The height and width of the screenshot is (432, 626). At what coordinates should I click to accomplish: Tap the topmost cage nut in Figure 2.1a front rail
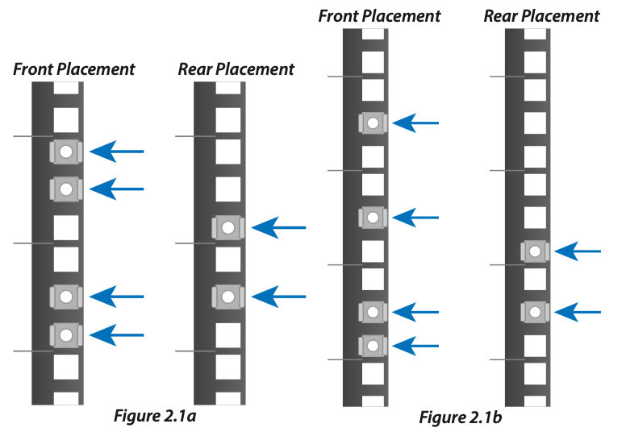pos(66,151)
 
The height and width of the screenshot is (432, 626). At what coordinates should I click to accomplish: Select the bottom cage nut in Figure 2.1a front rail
pos(66,334)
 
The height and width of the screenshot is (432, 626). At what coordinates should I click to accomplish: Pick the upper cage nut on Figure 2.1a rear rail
pos(228,228)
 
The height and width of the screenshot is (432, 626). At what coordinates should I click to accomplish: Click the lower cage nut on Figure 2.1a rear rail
pos(228,297)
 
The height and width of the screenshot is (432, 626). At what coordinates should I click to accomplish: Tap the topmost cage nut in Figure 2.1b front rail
pos(372,123)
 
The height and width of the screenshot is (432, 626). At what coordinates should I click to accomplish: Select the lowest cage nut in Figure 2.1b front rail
pos(372,346)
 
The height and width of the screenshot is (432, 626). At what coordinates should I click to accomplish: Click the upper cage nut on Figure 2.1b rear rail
pos(535,251)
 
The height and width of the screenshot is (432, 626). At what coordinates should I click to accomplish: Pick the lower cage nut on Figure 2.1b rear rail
pos(535,310)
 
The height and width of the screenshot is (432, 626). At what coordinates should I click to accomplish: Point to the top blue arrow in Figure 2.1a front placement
pos(116,151)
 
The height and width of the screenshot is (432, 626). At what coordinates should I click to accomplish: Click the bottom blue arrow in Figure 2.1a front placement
pos(116,334)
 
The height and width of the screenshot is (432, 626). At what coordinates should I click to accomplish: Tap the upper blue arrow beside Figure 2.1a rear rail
pos(279,228)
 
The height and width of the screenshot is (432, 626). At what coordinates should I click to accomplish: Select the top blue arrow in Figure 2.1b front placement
pos(419,123)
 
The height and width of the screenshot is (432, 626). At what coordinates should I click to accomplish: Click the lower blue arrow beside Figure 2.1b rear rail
pos(578,310)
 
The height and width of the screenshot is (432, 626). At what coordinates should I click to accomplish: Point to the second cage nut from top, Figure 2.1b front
pos(372,218)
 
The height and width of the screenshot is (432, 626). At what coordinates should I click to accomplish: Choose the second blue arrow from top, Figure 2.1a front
pos(116,189)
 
